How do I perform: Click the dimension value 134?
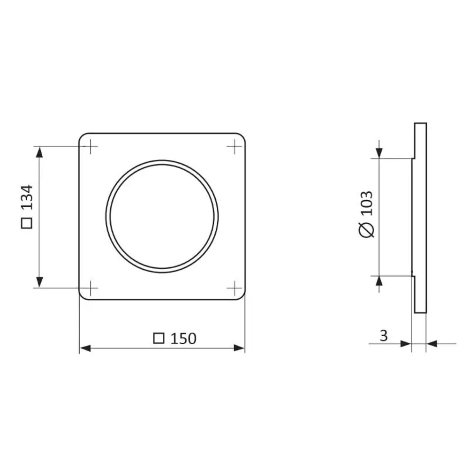27,197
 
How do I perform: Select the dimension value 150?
183,339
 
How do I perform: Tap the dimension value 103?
367,203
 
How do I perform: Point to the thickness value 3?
384,336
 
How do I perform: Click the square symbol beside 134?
27,223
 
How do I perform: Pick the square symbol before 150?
159,338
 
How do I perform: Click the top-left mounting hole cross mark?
91,146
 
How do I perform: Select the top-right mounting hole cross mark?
234,146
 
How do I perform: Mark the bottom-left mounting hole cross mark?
91,288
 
